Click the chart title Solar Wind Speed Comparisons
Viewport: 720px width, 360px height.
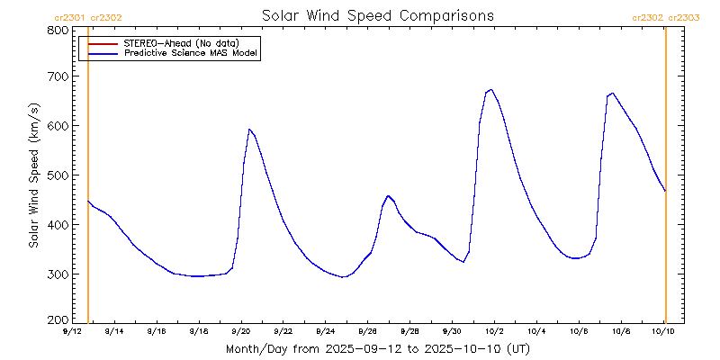(x=377, y=15)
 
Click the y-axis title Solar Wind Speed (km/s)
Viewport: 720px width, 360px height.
(x=34, y=175)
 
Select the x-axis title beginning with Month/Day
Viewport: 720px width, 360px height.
(x=377, y=348)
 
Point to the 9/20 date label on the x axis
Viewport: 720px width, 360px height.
(x=240, y=331)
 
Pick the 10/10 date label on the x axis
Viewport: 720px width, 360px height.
(x=663, y=331)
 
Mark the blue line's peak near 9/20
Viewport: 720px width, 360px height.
(x=249, y=130)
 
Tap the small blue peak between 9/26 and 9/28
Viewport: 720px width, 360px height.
(x=388, y=195)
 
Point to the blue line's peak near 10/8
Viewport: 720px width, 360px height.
(x=613, y=93)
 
